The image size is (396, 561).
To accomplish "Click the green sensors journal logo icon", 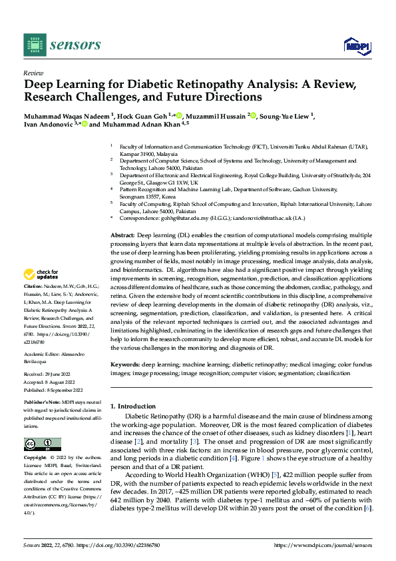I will pos(34,45).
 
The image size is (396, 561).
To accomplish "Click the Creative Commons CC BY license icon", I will pos(43,444).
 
